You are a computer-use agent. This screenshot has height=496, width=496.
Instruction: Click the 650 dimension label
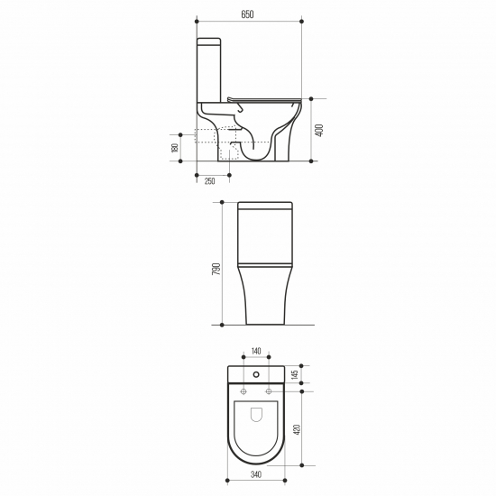pos(247,14)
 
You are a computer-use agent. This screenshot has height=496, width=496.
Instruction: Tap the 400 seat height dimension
pos(320,131)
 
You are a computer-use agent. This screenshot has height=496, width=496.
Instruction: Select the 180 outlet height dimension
pos(175,148)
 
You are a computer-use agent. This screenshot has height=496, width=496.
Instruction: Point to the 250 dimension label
pos(209,181)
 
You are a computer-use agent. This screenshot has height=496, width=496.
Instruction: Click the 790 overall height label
pos(216,269)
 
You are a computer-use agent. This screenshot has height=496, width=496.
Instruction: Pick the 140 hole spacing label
pos(256,351)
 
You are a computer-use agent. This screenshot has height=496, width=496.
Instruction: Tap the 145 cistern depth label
pos(295,374)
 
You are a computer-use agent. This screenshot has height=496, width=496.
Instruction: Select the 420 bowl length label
pos(297,429)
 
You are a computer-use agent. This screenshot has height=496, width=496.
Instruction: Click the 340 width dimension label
pos(256,474)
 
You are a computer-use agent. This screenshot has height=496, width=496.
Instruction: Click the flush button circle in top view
pos(256,374)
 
